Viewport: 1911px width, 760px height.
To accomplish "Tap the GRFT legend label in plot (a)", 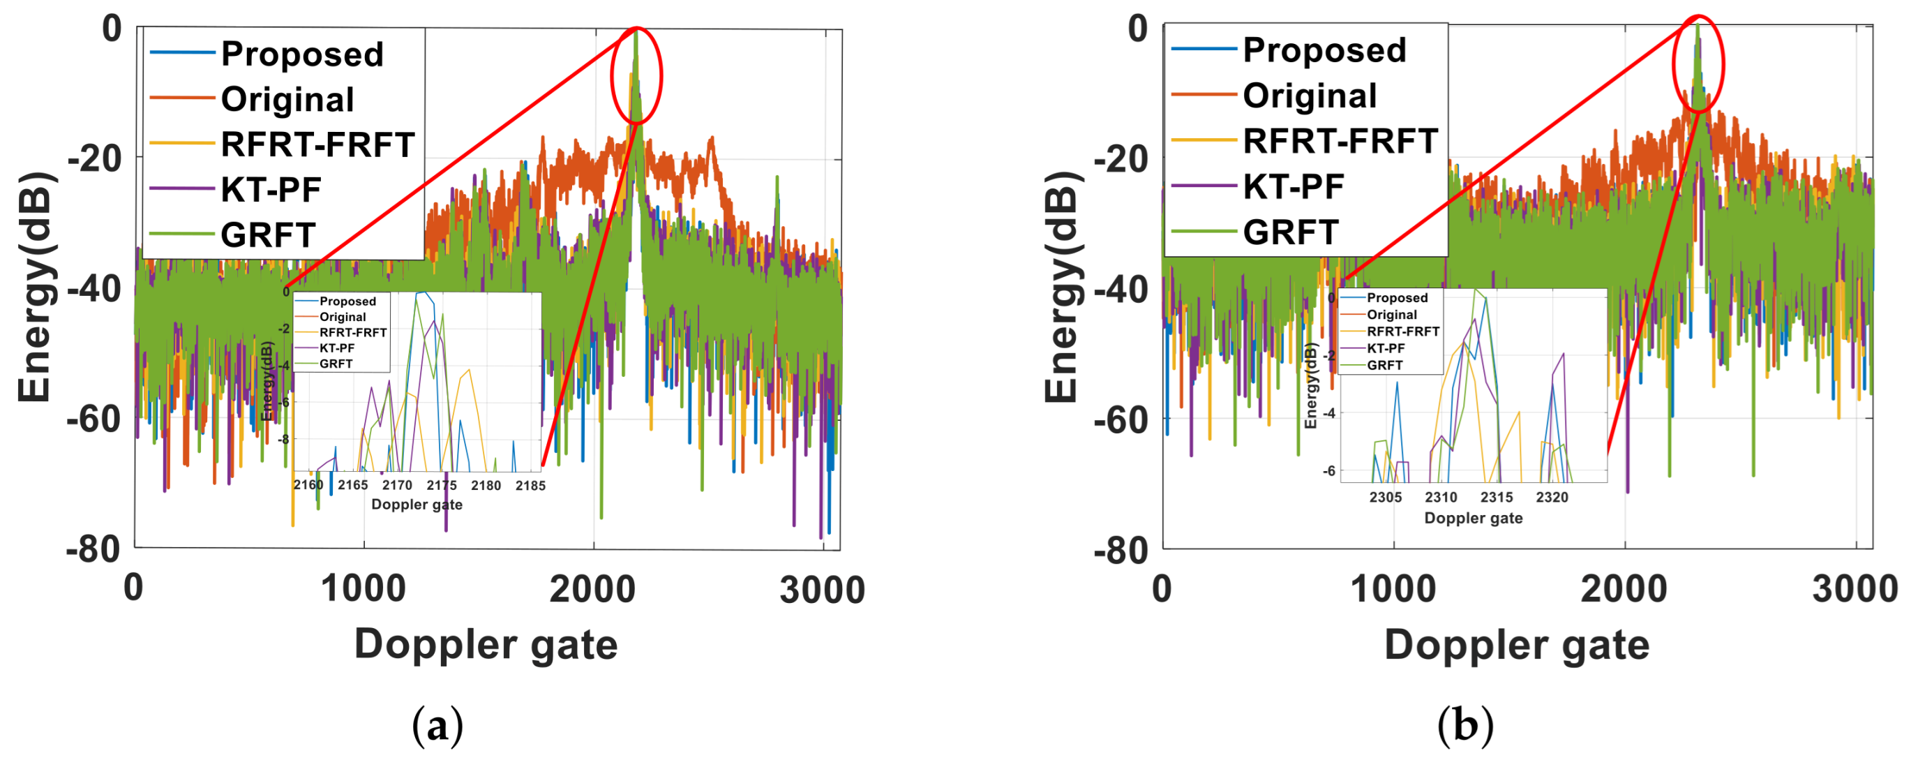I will click(x=268, y=235).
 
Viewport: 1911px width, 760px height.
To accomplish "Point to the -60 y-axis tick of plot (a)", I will click(x=94, y=419).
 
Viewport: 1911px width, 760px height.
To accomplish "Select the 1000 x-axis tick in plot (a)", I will click(x=363, y=589).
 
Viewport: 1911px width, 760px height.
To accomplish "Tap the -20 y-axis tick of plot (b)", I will click(x=1121, y=158).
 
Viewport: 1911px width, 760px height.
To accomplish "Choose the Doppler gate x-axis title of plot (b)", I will click(x=1516, y=644).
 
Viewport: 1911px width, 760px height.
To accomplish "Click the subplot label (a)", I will click(x=437, y=726).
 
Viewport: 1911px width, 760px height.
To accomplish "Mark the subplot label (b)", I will click(x=1464, y=726).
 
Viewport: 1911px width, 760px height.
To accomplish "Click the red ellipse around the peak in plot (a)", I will click(x=636, y=75).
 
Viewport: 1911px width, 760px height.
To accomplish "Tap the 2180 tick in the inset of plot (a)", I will click(x=486, y=486).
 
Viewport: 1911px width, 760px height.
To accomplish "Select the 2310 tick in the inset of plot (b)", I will click(x=1441, y=498).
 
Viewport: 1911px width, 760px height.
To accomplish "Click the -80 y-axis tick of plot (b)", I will click(x=1121, y=550).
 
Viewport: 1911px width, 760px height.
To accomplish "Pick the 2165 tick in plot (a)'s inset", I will click(x=352, y=486).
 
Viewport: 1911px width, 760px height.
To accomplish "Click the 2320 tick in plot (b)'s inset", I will click(x=1552, y=498).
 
